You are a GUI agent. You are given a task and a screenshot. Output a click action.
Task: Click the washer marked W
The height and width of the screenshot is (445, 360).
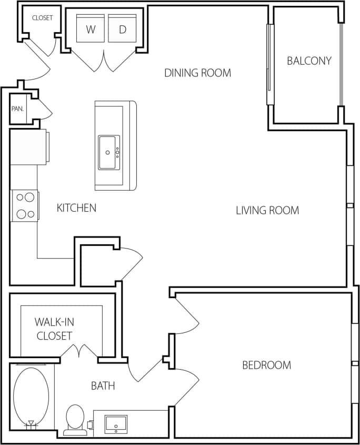tap(91, 29)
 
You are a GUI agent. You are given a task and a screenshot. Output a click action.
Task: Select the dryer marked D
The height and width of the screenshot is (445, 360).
tap(123, 29)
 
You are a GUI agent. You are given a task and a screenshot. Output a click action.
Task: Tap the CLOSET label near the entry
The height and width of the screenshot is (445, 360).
tap(42, 18)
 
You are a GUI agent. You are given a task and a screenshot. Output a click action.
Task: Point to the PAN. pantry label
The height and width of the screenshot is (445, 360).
tap(18, 109)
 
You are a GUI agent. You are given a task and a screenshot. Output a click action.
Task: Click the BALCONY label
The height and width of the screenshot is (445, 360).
tap(309, 61)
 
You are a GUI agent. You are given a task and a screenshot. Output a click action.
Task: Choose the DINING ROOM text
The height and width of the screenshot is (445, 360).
tap(197, 73)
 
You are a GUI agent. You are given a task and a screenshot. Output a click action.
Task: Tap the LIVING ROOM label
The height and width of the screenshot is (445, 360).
tap(267, 211)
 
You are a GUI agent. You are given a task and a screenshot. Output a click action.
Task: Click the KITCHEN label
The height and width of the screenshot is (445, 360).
tap(76, 207)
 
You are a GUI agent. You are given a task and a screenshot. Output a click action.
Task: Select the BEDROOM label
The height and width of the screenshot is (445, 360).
tap(266, 365)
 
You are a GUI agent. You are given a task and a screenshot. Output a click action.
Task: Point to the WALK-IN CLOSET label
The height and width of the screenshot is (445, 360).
tap(54, 328)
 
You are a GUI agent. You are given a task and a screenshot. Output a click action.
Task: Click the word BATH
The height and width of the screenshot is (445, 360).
tap(103, 386)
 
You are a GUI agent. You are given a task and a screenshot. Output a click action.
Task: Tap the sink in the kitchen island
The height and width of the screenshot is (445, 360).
tap(109, 153)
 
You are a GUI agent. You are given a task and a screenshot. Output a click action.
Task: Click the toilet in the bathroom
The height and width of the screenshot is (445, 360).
tap(75, 419)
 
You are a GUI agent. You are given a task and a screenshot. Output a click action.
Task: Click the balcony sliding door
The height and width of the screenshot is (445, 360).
tap(270, 64)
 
